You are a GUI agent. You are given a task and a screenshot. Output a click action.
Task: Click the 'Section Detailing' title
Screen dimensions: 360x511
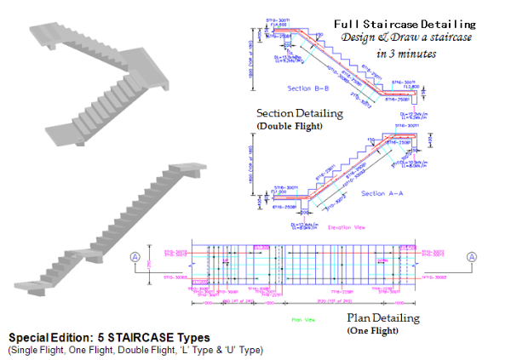tap(300, 114)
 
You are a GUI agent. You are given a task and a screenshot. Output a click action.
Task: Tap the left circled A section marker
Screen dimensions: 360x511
tap(135, 255)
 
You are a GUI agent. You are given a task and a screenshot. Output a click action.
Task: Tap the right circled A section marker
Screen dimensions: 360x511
tap(474, 255)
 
